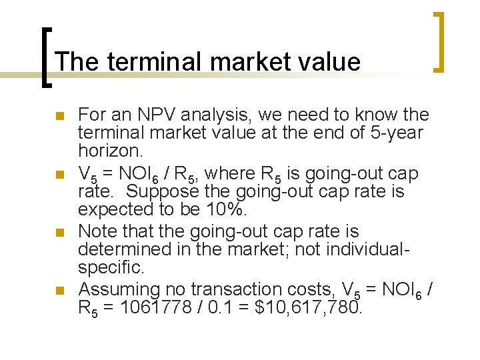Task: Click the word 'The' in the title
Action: [77, 62]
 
